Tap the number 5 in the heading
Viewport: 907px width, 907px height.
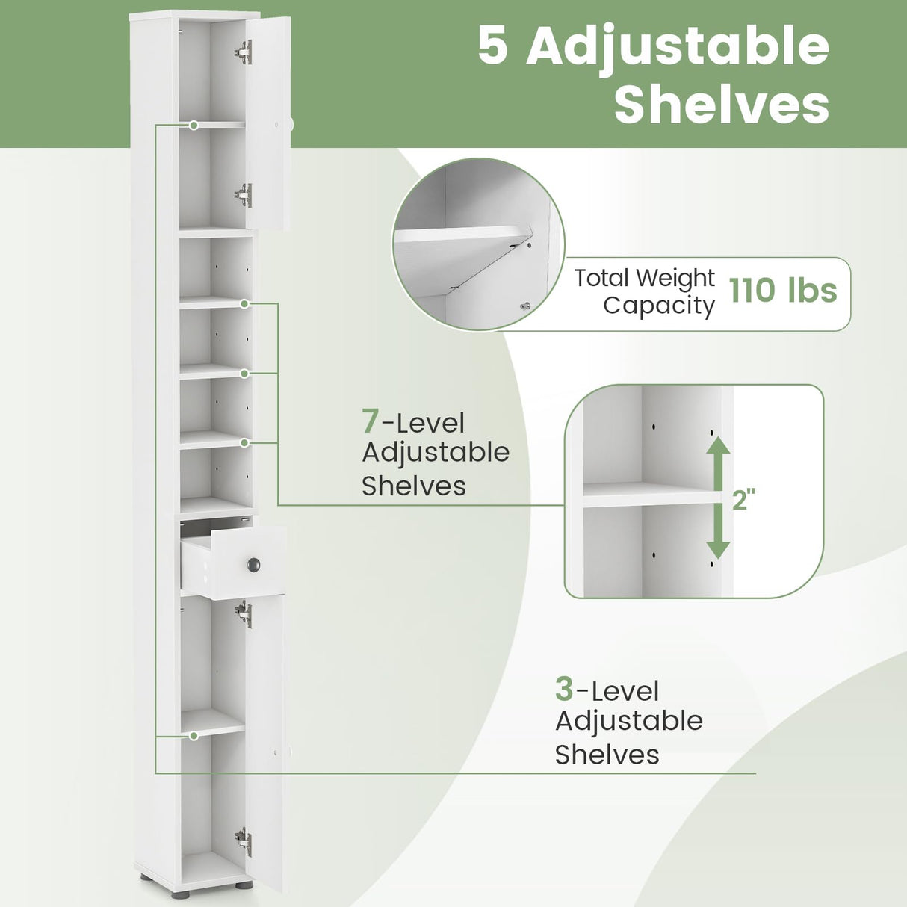[x=493, y=46]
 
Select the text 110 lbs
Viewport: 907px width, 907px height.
[x=783, y=290]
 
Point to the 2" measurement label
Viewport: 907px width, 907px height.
[x=744, y=499]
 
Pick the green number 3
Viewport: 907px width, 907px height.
[x=564, y=689]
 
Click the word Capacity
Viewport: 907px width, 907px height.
[x=658, y=306]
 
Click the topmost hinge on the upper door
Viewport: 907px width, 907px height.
[x=244, y=52]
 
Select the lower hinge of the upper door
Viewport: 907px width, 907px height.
[x=244, y=195]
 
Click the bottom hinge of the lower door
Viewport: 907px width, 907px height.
[x=244, y=841]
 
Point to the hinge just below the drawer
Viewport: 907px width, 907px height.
[x=244, y=613]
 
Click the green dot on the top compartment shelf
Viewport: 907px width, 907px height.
[x=194, y=126]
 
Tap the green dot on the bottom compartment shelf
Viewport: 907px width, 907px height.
[x=194, y=736]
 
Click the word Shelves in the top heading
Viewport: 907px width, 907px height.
[x=721, y=105]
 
